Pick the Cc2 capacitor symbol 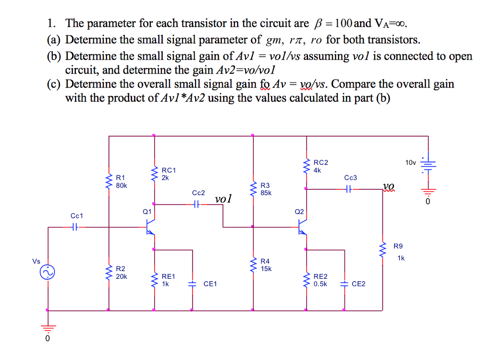[x=195, y=205]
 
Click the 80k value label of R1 [x=122, y=185]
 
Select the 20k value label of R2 [x=122, y=276]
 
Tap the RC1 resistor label [x=169, y=170]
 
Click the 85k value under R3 [x=266, y=193]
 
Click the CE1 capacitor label [x=210, y=284]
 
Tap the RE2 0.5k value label [x=320, y=284]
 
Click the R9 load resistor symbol [x=383, y=251]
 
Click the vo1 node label [x=223, y=199]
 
